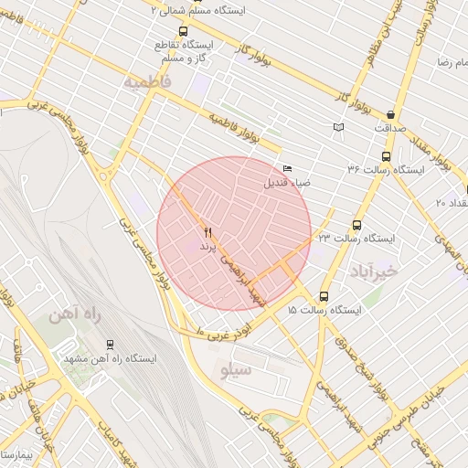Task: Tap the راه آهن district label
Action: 75,315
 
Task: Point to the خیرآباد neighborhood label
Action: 375,271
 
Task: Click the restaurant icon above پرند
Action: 207,233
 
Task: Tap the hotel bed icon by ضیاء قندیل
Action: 288,169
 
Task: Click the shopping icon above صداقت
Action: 391,115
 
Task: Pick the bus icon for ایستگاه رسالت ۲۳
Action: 356,224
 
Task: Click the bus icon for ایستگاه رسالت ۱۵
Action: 324,296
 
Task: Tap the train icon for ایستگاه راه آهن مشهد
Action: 110,345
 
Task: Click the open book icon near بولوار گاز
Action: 339,127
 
